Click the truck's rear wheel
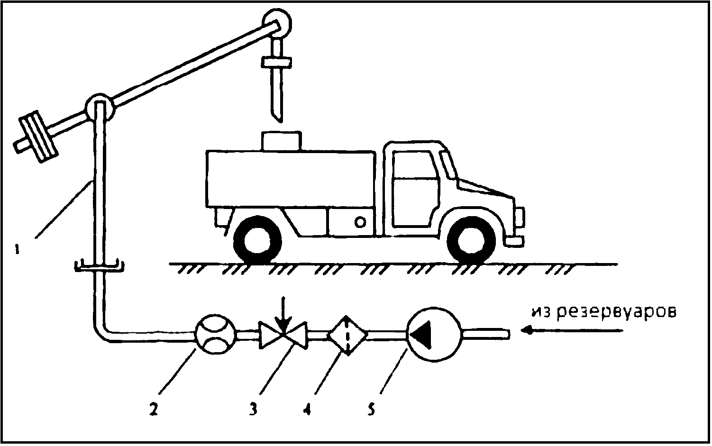coord(257,240)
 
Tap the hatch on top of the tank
coord(281,140)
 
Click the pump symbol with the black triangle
coord(434,335)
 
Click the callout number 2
coord(154,410)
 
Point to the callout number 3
coord(253,410)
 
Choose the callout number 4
coord(307,410)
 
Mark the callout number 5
coord(371,410)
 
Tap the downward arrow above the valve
coord(284,315)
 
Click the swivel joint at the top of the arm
coord(277,23)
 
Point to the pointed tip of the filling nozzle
coord(280,122)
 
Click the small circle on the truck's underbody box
coord(360,222)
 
